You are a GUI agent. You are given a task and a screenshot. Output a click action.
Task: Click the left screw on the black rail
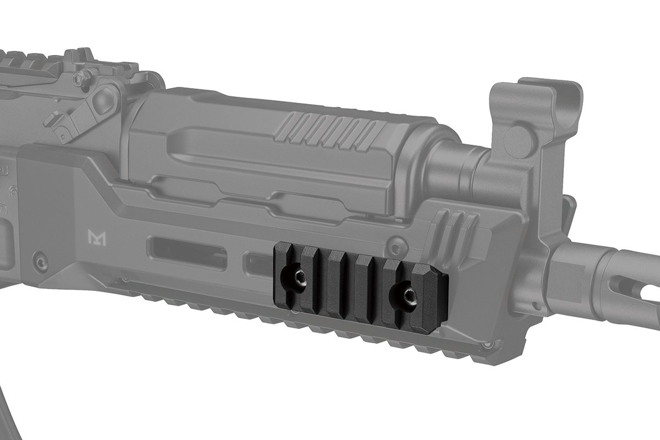pos(299,279)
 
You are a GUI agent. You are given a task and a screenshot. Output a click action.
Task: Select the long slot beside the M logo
pos(187,253)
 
